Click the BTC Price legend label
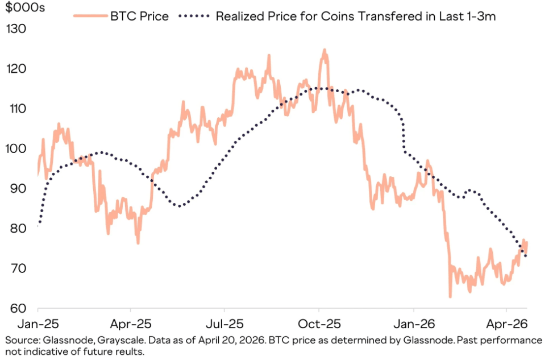pos(139,16)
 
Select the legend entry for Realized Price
pos(355,16)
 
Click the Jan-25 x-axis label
pos(38,324)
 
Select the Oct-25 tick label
pos(319,324)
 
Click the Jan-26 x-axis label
pos(413,324)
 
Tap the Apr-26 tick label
pos(507,324)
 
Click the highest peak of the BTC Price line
pos(325,50)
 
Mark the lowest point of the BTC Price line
pos(450,296)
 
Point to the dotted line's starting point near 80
pos(38,226)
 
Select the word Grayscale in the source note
pos(110,340)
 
